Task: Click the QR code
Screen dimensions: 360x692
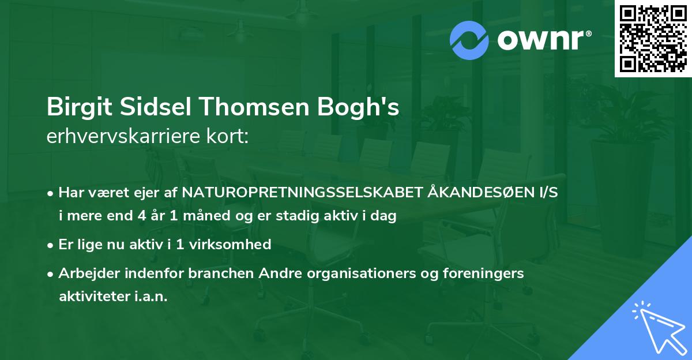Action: pos(653,38)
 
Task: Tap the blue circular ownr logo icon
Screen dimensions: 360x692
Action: pos(469,40)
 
